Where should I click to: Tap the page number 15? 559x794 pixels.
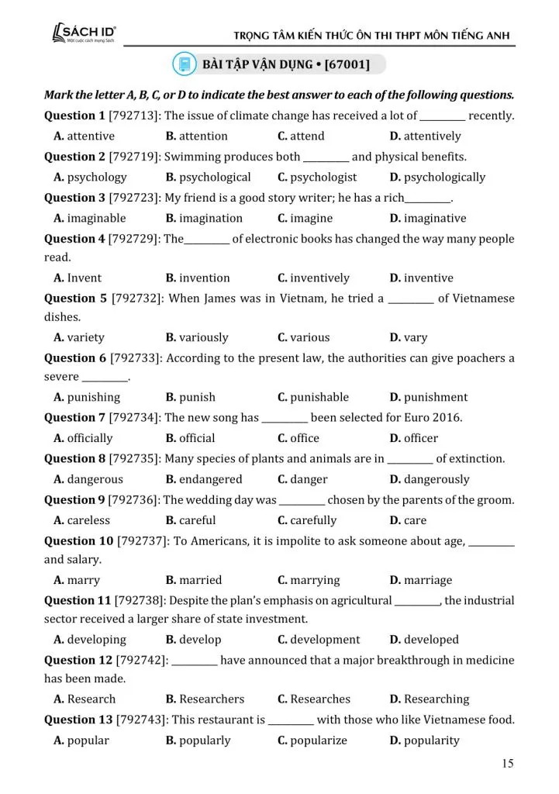point(507,764)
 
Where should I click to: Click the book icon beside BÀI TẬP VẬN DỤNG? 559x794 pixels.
point(185,63)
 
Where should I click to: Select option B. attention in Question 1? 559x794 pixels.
point(193,136)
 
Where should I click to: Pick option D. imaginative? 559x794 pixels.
point(427,218)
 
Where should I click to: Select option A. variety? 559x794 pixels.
point(79,337)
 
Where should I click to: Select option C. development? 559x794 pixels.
point(319,640)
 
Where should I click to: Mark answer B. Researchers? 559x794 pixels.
point(205,699)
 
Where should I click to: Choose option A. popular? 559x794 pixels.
point(81,740)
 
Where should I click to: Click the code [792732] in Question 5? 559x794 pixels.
point(137,299)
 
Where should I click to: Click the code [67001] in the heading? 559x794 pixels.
point(347,63)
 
